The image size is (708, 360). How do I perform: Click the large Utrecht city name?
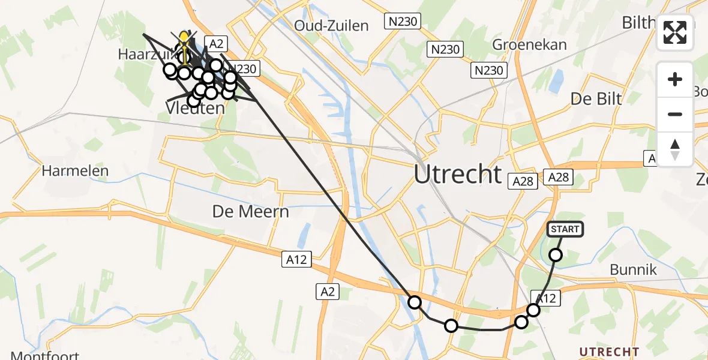(x=458, y=174)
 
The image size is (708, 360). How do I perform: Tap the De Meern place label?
(x=251, y=211)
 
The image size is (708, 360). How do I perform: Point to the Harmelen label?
(x=75, y=171)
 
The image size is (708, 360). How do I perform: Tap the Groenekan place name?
(x=529, y=45)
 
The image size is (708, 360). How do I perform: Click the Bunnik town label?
(x=633, y=269)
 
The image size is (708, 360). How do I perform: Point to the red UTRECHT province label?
(x=609, y=351)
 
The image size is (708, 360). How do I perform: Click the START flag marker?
(x=565, y=229)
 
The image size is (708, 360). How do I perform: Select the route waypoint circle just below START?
(x=556, y=255)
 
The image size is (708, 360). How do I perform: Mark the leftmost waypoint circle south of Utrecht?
(x=414, y=302)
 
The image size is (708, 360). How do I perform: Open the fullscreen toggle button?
(x=675, y=32)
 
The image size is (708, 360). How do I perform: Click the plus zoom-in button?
(x=675, y=79)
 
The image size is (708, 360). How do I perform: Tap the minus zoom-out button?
(x=675, y=114)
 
